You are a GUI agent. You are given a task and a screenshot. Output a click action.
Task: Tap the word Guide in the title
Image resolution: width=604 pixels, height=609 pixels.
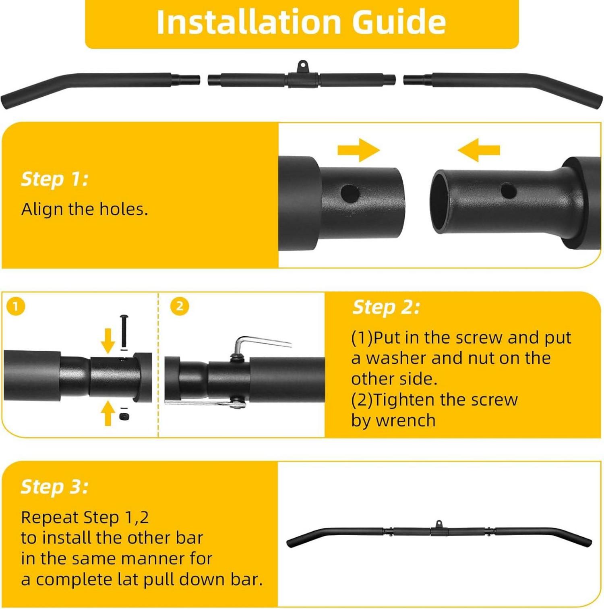pos(399,22)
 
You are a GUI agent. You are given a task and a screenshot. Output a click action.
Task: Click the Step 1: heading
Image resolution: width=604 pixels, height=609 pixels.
pos(54,179)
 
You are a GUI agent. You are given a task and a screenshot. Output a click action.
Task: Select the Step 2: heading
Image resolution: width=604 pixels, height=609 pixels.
pos(386,307)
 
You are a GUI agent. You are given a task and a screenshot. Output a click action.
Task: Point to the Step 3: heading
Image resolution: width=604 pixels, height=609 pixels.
pos(54,487)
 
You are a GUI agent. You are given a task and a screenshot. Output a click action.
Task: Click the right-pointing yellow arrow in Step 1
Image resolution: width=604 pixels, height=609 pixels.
pos(358,150)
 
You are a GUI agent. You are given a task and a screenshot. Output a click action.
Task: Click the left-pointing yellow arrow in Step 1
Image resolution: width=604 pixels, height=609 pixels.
pos(479,150)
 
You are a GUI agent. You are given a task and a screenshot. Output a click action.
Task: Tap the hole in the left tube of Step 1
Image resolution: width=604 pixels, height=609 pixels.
pos(350,194)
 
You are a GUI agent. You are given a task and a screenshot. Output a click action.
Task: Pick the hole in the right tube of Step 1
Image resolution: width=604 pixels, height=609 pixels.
pos(509,191)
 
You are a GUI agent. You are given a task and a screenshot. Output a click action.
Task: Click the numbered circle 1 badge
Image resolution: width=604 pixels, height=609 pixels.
pos(16,307)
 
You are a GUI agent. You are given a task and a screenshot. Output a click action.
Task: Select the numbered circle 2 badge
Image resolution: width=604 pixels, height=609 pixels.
pos(180,307)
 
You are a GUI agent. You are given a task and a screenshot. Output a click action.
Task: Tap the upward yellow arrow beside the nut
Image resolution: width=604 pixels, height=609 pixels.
pos(108,413)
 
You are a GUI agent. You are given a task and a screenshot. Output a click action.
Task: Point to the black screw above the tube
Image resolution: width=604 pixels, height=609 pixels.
pos(124,331)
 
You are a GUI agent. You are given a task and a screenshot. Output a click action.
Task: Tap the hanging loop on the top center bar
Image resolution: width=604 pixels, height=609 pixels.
pos(302,66)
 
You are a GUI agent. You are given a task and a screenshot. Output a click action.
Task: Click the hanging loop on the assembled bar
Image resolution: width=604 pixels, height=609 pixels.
pos(439,524)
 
